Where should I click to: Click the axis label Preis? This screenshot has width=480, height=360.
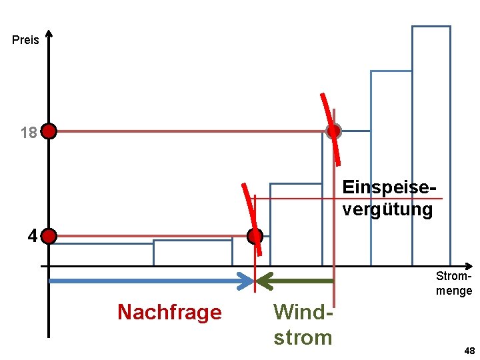point(25,40)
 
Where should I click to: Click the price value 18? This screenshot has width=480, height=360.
point(28,133)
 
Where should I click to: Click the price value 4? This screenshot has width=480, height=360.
point(32,236)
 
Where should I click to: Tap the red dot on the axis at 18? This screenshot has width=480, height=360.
point(49,131)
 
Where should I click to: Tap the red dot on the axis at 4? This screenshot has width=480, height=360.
point(49,236)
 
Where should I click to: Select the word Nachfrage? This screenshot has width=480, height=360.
point(169,312)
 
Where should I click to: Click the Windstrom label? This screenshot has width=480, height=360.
point(303,325)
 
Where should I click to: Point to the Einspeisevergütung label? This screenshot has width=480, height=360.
point(387,198)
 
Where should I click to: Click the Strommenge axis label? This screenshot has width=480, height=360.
point(454,283)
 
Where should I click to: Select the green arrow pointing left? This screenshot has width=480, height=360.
point(295,281)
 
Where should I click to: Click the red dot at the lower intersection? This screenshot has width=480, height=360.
point(255,236)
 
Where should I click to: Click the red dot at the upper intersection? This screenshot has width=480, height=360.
point(333,131)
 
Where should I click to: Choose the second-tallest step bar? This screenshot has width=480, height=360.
point(391,167)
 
